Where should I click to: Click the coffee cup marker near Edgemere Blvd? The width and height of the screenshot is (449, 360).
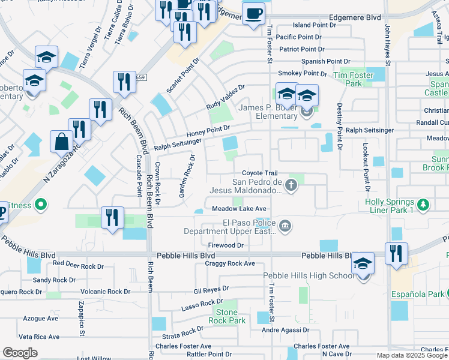pos(253,14)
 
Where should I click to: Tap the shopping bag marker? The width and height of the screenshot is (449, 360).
pos(61,143)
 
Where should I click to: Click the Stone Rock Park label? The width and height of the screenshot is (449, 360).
pos(227,316)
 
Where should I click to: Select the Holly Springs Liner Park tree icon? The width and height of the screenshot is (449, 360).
pos(423,205)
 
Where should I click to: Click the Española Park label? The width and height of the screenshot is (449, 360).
pos(418,294)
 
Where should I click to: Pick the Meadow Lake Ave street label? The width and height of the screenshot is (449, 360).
pos(239,209)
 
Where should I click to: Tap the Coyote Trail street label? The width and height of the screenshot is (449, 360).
pos(260,173)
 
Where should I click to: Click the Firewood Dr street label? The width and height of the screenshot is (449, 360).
pos(226,245)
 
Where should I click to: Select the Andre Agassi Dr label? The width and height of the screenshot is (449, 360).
pos(285,330)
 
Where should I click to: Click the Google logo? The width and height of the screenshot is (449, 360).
pos(20,353)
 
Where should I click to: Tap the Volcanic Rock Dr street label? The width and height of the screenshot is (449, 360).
pos(106,292)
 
